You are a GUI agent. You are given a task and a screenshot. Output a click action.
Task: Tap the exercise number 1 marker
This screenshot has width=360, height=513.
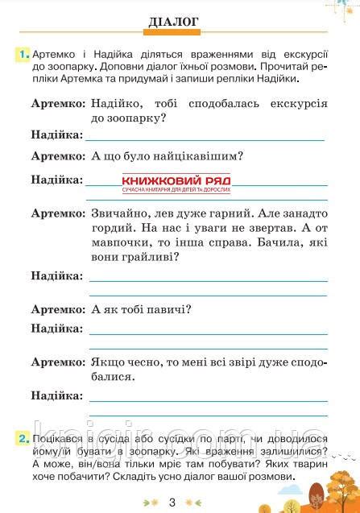pyautogui.click(x=22, y=53)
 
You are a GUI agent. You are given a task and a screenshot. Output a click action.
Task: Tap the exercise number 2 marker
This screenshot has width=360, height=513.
pyautogui.click(x=22, y=439)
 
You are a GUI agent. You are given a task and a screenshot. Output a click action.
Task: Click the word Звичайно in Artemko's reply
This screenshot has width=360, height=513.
pyautogui.click(x=120, y=215)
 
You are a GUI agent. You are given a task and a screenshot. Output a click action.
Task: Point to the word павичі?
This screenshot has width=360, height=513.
pyautogui.click(x=171, y=309)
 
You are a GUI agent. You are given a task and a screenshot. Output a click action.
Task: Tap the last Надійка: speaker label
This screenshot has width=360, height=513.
pyautogui.click(x=56, y=396)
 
